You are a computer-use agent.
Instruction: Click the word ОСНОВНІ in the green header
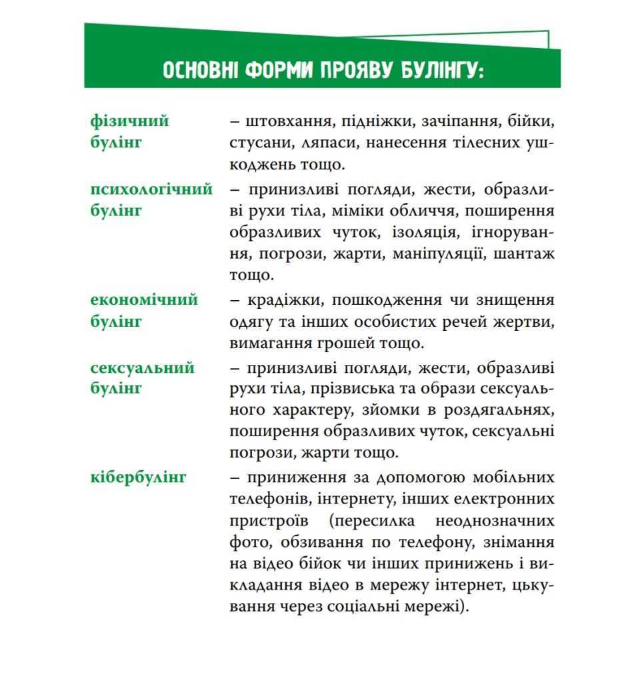tap(200, 70)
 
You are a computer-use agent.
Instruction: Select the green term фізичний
tap(130, 121)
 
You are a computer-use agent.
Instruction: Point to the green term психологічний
tap(151, 189)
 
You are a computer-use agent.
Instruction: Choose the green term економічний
tap(144, 299)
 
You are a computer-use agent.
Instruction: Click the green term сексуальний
tap(143, 368)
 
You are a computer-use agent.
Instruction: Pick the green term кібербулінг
tap(138, 477)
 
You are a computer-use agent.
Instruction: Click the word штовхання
tap(289, 121)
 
